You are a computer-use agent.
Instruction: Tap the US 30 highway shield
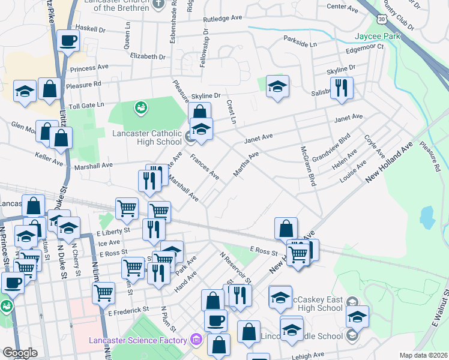[382, 20]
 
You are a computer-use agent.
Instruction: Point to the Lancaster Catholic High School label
[146, 137]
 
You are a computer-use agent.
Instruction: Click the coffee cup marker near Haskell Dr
[68, 41]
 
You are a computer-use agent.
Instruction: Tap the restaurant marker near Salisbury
[342, 88]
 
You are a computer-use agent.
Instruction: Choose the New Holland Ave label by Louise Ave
[390, 163]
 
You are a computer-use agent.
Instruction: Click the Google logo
[19, 353]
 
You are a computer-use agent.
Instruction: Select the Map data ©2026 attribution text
[423, 355]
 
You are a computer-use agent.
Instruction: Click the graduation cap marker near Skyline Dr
[277, 86]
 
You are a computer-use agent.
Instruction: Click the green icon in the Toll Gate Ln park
[141, 108]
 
